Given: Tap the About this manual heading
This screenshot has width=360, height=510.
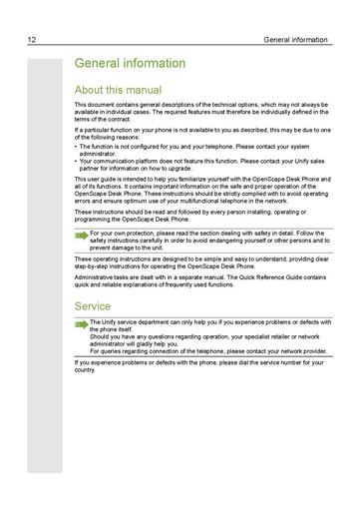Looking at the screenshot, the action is [121, 87].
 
